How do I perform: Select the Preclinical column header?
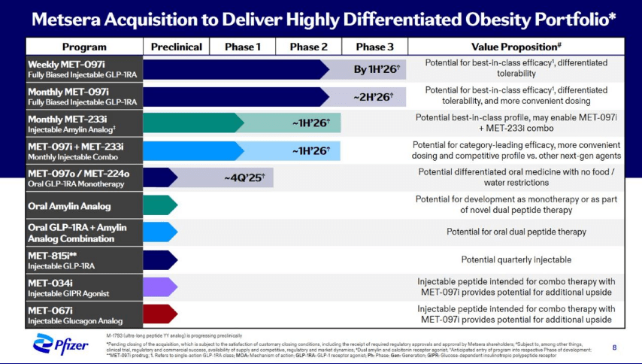[177, 47]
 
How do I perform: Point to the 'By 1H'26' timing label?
[377, 70]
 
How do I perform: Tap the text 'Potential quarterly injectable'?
[516, 259]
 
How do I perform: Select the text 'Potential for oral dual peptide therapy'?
[516, 232]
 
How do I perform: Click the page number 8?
[614, 347]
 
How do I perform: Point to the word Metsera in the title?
[71, 17]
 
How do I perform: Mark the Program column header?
[83, 47]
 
